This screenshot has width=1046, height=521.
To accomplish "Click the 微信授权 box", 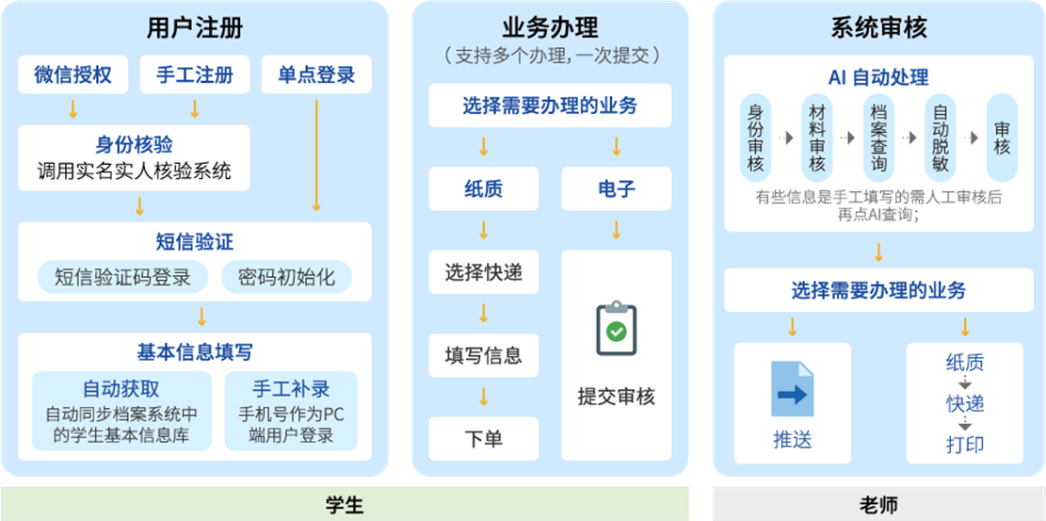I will tap(72, 75).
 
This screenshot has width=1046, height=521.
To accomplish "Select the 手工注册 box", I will tap(194, 75).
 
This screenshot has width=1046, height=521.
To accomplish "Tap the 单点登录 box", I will tap(316, 75).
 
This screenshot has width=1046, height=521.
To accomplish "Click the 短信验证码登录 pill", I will tap(122, 277).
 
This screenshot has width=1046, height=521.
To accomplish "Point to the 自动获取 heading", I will tap(121, 389).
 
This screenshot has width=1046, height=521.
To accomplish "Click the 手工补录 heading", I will tap(292, 389).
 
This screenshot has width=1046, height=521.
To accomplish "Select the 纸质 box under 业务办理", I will tap(484, 188).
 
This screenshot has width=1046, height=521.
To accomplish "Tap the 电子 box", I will tap(617, 188).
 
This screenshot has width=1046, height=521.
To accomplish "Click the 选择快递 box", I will tap(484, 274).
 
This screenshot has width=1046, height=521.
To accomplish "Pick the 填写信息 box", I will tap(484, 356).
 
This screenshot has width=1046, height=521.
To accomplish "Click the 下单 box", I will tap(484, 438).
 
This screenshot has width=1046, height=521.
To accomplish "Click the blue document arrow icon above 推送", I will tap(792, 389).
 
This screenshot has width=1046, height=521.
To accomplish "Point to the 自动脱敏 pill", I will tap(940, 138).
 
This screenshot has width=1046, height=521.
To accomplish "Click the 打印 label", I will tap(965, 444).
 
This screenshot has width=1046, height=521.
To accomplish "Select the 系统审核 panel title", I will tap(878, 27).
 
